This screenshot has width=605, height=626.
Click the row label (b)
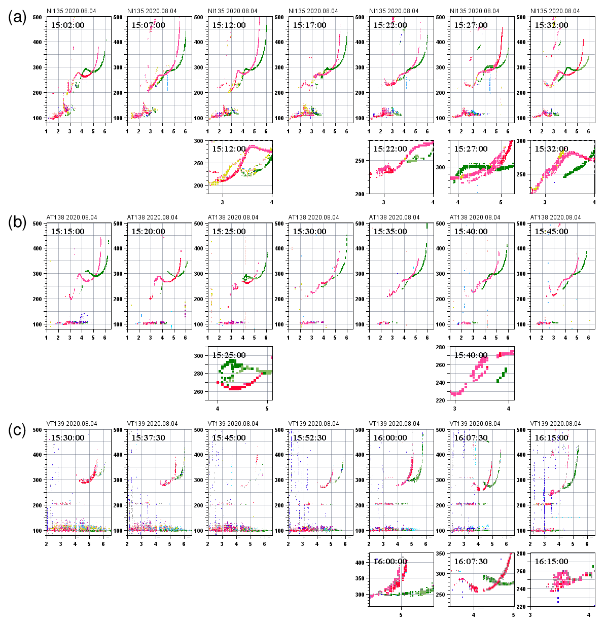coord(17,223)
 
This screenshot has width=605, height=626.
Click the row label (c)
coord(17,430)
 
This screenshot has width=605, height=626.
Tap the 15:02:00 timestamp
coord(67,25)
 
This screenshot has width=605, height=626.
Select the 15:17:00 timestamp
coord(309,25)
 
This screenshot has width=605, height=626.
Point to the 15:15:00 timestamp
coord(67,232)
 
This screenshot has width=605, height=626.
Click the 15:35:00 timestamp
coord(390,232)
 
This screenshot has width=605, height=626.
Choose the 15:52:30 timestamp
coord(309,438)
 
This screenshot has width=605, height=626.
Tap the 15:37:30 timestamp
coord(148,438)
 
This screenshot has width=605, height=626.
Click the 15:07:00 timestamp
coord(148,25)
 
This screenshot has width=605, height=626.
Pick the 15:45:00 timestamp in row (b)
coord(551,232)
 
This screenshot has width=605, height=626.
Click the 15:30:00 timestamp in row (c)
coord(67,438)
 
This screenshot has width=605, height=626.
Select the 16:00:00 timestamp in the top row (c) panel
coord(390,438)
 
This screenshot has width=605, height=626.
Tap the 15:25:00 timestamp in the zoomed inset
coord(229,355)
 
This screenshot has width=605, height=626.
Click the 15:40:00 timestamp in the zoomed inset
coord(471,355)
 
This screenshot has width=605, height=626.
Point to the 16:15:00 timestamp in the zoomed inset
coord(551,562)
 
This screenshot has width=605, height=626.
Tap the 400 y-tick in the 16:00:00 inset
coord(360,563)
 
